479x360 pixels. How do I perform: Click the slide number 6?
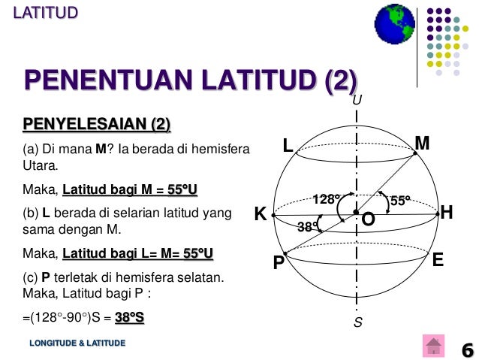pyautogui.click(x=467, y=349)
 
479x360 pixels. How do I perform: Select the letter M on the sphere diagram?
pyautogui.click(x=422, y=143)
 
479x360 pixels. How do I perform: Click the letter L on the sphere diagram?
pyautogui.click(x=288, y=146)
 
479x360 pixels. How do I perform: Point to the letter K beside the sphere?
pyautogui.click(x=260, y=215)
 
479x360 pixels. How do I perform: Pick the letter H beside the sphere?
pyautogui.click(x=447, y=213)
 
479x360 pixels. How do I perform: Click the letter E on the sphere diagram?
pyautogui.click(x=438, y=260)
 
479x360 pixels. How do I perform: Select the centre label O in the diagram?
pyautogui.click(x=368, y=220)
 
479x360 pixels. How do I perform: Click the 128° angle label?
pyautogui.click(x=327, y=199)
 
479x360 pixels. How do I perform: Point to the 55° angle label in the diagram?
pyautogui.click(x=400, y=201)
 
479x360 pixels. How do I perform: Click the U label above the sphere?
pyautogui.click(x=357, y=100)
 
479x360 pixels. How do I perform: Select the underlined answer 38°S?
pyautogui.click(x=129, y=318)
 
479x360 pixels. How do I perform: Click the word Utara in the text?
pyautogui.click(x=39, y=166)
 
